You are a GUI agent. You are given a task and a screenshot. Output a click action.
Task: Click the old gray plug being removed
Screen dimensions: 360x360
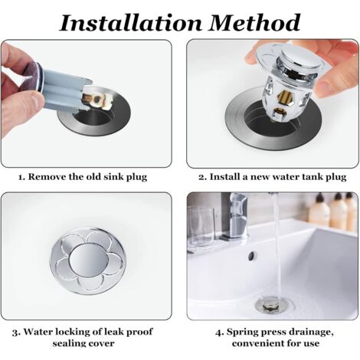[57, 85]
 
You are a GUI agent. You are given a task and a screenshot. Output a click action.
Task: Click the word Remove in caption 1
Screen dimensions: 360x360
[52, 178]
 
